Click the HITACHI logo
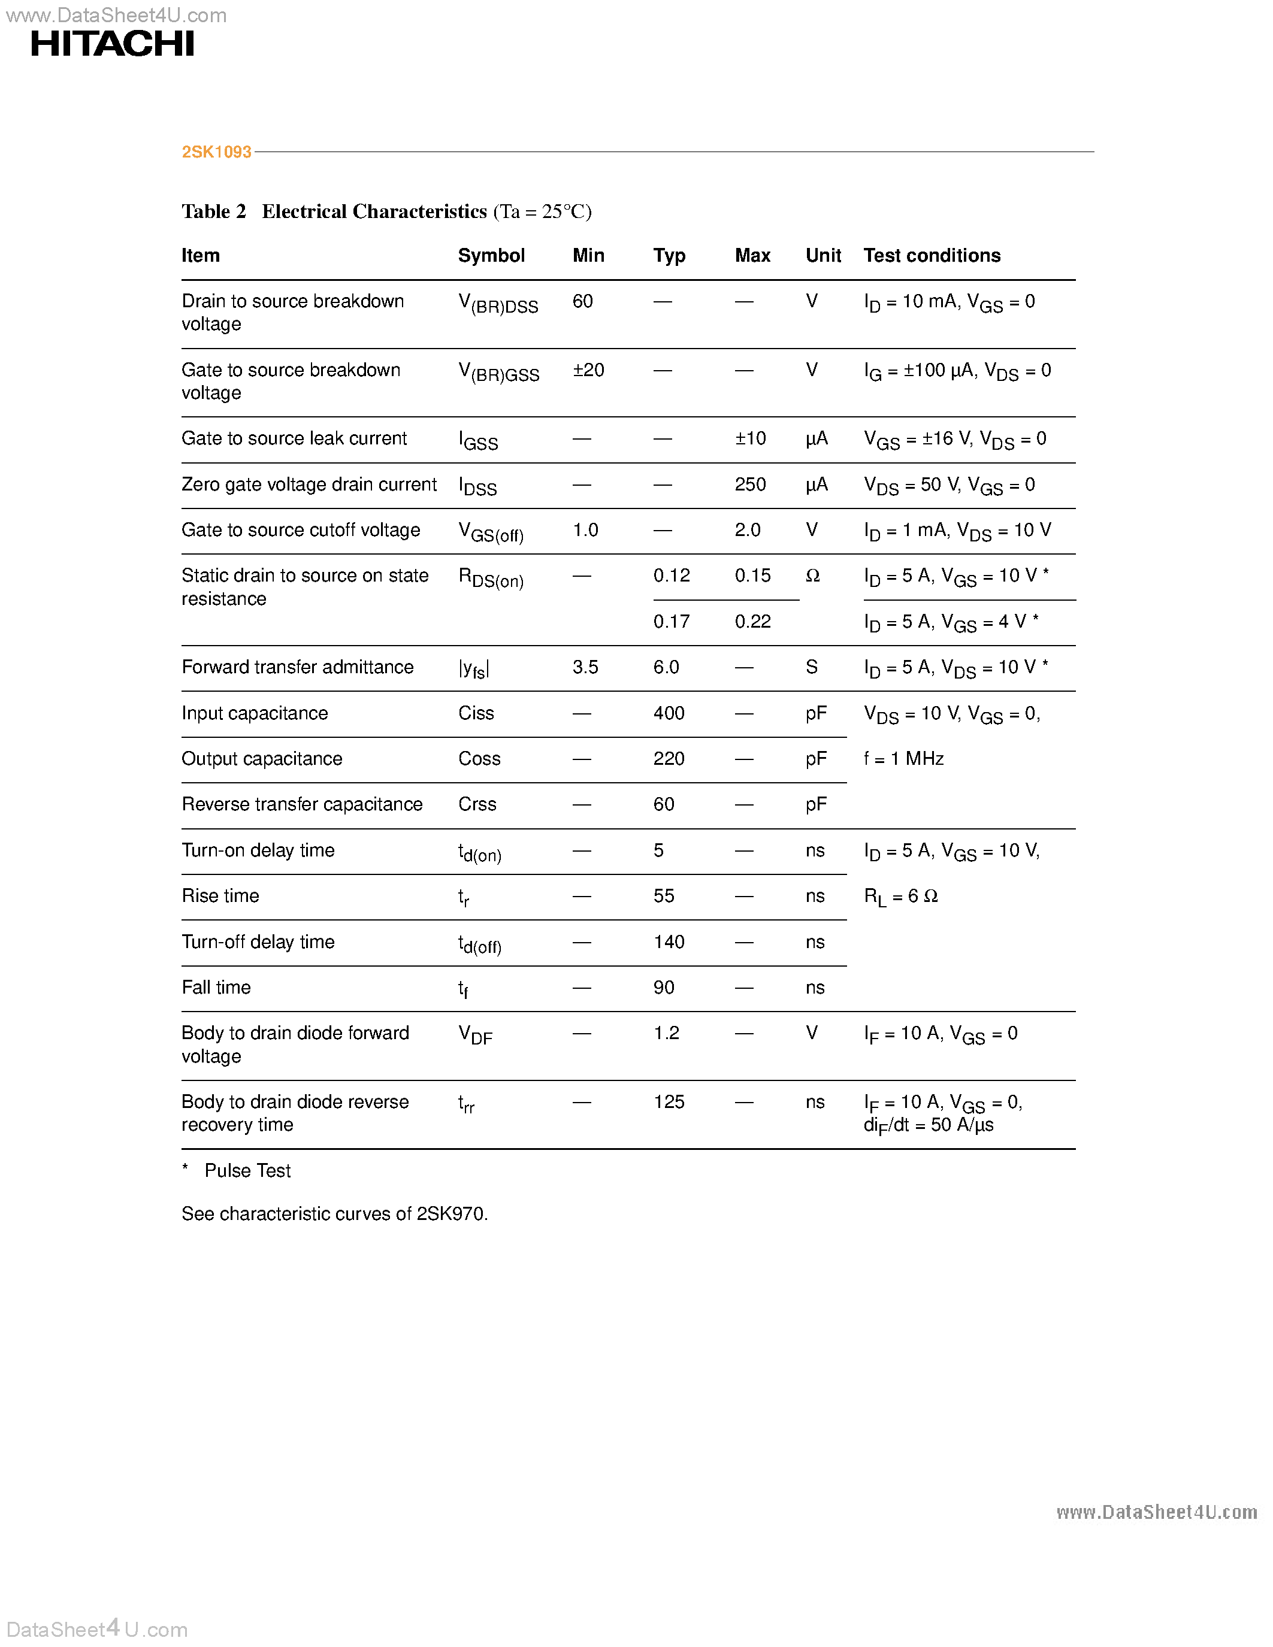[113, 44]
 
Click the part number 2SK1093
[216, 152]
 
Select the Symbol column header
[491, 256]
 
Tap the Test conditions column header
[932, 256]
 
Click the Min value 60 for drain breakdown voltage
[582, 302]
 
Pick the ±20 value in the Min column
[588, 370]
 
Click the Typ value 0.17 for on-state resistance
[671, 622]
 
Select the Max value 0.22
[752, 622]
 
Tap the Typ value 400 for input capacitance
[668, 713]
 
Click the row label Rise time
[220, 896]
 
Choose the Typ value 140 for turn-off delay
[668, 942]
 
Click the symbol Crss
[477, 805]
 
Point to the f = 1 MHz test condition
[903, 759]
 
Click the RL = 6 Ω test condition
[900, 896]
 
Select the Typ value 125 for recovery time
[668, 1102]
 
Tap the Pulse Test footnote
[247, 1170]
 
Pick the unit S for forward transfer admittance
[812, 667]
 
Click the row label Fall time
[216, 988]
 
